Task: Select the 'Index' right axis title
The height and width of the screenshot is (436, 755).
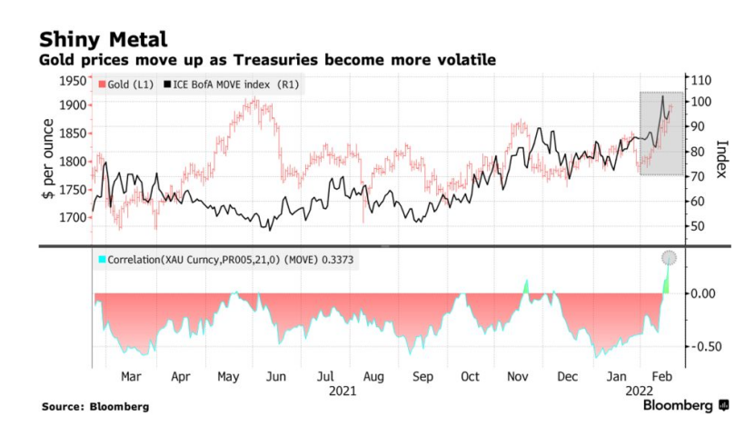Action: coord(723,159)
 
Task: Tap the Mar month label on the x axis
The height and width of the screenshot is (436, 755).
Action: coord(130,376)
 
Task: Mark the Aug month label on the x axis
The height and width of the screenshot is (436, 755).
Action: coord(373,376)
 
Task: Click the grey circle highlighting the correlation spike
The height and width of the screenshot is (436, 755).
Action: coord(670,258)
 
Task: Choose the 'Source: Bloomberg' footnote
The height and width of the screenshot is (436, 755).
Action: coord(95,407)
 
